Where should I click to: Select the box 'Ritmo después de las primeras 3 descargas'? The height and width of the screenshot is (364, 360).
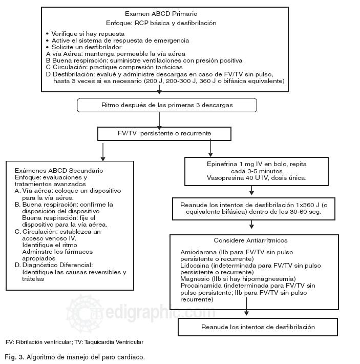[x=160, y=106]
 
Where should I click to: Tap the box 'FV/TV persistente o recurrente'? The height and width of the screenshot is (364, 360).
[x=160, y=133]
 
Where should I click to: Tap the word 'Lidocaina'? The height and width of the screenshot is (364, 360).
[x=195, y=266]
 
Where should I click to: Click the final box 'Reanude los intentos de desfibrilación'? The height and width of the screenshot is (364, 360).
[x=258, y=327]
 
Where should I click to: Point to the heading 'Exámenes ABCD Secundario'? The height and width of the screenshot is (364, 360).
[x=59, y=170]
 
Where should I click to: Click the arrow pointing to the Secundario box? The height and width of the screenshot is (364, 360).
[x=103, y=151]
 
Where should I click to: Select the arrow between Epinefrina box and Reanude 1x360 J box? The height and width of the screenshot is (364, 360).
[x=251, y=191]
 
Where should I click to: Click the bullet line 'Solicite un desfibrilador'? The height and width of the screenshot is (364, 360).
[x=82, y=47]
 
